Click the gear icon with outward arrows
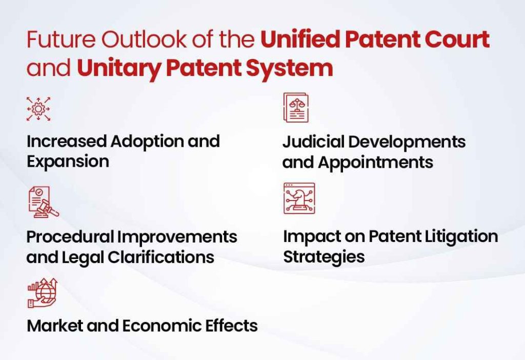38,108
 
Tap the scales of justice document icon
296,108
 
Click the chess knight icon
299,198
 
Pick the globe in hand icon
42,293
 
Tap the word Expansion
68,161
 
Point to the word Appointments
375,162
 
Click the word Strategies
324,256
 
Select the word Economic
172,325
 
